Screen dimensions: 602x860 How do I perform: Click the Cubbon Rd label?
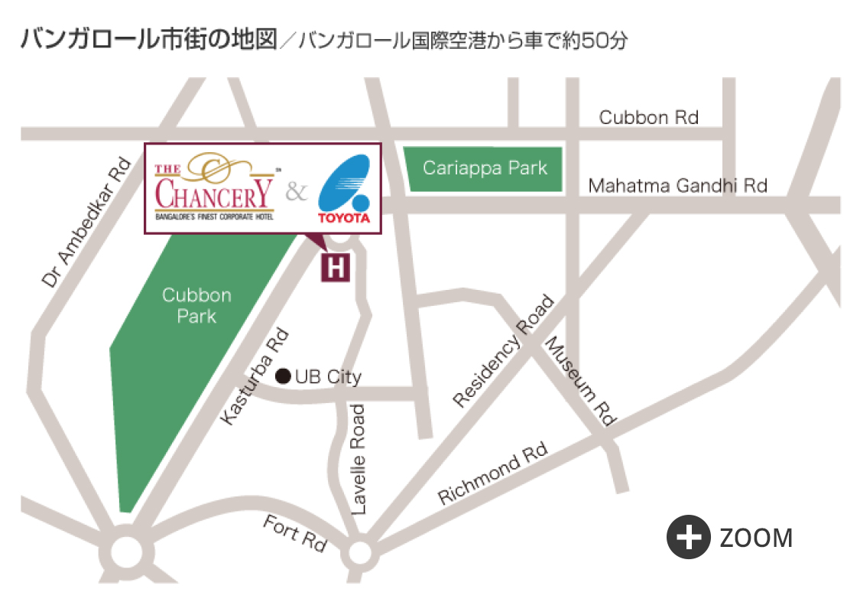(x=648, y=117)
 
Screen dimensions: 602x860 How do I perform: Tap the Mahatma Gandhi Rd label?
(x=677, y=185)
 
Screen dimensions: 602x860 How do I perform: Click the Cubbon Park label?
(x=196, y=305)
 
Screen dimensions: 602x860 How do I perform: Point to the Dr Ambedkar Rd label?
(x=86, y=223)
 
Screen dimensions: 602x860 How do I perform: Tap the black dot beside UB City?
(x=283, y=376)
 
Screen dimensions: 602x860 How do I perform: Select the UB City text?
(x=328, y=376)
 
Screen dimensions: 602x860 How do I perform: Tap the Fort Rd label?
(x=294, y=532)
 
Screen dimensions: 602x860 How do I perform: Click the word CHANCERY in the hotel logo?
(x=215, y=195)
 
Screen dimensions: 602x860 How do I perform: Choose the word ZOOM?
(x=756, y=539)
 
